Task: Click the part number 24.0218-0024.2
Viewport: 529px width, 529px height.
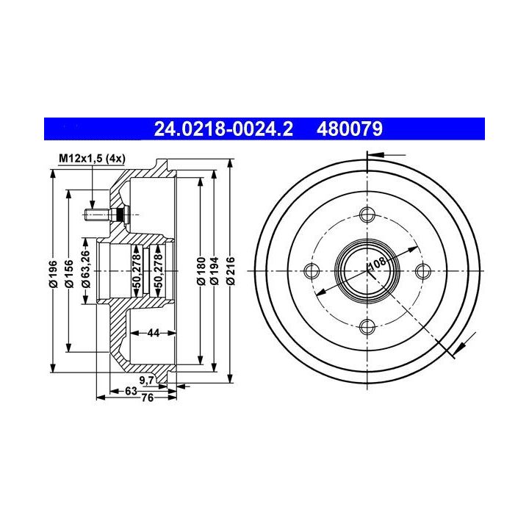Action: point(223,129)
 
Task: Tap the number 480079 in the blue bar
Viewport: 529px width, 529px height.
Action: point(350,129)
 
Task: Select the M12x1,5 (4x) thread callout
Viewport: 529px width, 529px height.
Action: point(92,158)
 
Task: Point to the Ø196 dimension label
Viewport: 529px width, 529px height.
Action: point(53,273)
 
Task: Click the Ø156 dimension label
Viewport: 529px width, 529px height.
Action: point(69,273)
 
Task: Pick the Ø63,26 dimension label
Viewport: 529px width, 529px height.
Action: point(86,269)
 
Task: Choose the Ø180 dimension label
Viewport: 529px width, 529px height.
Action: point(201,271)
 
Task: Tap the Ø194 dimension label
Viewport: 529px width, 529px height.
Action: point(214,271)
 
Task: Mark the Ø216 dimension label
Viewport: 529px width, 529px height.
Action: point(231,271)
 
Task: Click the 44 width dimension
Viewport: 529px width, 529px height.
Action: point(154,333)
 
